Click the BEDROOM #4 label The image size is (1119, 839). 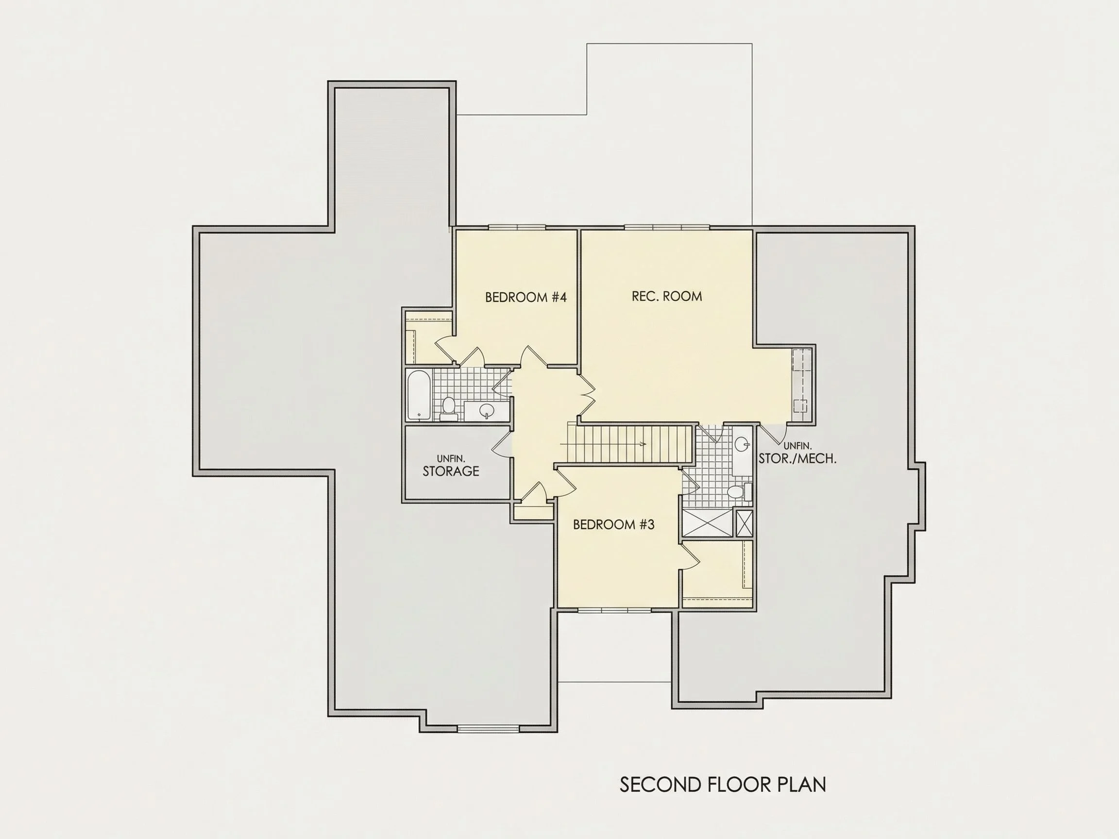tap(526, 297)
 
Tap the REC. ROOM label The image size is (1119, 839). tap(667, 296)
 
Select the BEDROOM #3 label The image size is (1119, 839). tap(613, 524)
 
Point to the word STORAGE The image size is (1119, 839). tap(451, 471)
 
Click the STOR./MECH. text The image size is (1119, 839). tap(797, 459)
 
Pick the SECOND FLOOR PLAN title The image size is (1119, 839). tap(723, 785)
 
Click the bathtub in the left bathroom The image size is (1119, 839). tap(419, 394)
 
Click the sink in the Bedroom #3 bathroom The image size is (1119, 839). tap(743, 445)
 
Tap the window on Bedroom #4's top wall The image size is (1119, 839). tap(516, 227)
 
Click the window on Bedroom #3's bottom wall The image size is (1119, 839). tap(614, 610)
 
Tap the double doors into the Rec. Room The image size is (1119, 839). tap(586, 394)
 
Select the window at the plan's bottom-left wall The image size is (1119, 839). tap(488, 729)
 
